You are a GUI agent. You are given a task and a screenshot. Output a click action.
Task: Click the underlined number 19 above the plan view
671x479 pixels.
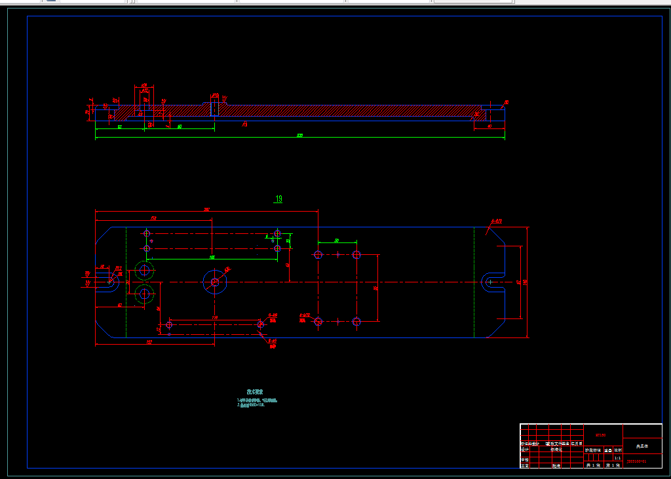[x=278, y=199]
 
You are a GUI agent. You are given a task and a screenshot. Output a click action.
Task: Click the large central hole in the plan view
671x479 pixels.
[x=214, y=282]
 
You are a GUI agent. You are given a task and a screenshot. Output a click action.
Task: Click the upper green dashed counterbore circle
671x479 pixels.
[x=144, y=270]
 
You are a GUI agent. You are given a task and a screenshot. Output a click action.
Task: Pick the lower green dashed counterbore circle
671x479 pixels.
[x=144, y=294]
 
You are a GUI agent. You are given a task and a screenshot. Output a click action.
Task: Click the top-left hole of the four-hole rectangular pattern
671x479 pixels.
[x=318, y=254]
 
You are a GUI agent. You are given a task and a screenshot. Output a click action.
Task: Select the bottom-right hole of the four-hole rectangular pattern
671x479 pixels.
[x=356, y=321]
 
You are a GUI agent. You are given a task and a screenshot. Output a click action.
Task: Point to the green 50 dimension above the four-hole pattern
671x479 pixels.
[x=337, y=241]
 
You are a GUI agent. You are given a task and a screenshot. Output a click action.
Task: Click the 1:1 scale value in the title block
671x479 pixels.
[x=617, y=458]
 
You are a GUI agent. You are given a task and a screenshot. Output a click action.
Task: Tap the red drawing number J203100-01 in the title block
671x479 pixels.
[x=637, y=461]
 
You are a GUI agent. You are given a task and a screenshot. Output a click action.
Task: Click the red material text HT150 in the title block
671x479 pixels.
[x=600, y=434]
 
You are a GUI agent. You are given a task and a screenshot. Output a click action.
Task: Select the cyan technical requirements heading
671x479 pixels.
[x=256, y=392]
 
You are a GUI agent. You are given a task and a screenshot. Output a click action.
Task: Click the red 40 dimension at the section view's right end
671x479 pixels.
[x=489, y=126]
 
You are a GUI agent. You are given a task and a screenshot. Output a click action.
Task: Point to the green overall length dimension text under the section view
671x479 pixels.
[x=300, y=136]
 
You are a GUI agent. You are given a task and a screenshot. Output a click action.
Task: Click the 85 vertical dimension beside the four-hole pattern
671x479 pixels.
[x=375, y=288]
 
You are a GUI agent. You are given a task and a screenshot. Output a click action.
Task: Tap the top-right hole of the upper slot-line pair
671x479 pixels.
[x=278, y=233]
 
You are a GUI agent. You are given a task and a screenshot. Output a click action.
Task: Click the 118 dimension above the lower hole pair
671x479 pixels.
[x=215, y=318]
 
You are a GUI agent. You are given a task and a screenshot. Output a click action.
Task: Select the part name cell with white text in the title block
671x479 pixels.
[x=642, y=446]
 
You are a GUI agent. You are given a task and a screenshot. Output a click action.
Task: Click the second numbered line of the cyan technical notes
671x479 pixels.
[x=251, y=405]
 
